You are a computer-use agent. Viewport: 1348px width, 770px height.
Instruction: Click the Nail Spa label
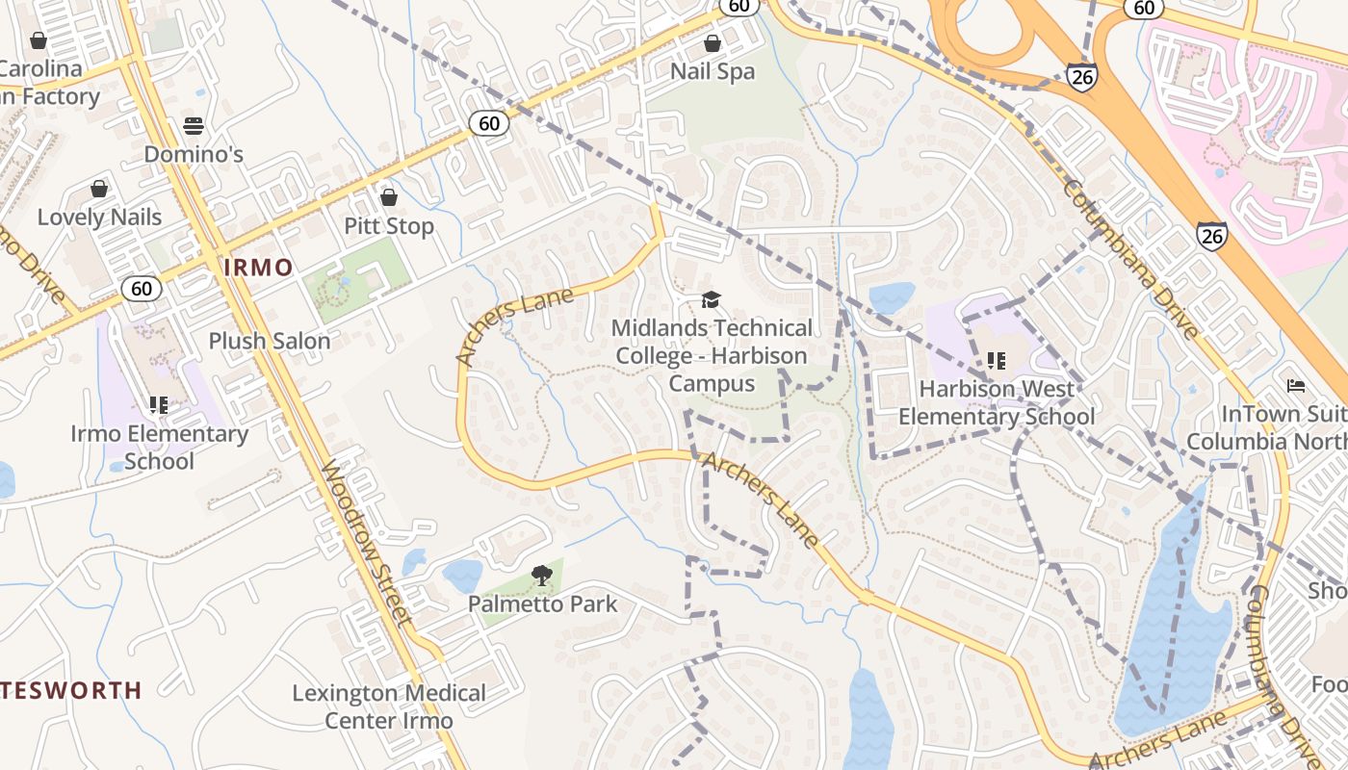click(713, 72)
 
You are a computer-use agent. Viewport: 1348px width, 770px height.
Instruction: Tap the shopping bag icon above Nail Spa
click(712, 43)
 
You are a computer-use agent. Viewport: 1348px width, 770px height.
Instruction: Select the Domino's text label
click(194, 154)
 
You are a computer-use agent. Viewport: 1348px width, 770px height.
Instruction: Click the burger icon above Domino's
click(194, 126)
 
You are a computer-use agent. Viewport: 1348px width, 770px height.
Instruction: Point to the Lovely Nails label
click(99, 217)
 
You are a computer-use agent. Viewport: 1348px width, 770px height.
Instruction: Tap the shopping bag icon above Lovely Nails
click(98, 189)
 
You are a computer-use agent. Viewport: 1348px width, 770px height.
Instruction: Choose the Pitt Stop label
click(389, 226)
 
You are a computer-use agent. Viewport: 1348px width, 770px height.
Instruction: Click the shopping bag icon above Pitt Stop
click(389, 197)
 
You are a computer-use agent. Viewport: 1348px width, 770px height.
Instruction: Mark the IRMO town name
click(258, 268)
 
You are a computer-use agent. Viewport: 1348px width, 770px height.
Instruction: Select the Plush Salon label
click(270, 341)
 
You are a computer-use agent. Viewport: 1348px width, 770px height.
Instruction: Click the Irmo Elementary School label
click(159, 448)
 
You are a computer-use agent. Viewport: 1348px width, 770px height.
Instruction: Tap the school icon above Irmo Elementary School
click(159, 405)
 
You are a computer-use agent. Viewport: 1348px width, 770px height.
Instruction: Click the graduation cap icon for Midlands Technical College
click(711, 299)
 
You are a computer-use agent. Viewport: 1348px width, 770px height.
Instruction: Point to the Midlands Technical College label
click(712, 356)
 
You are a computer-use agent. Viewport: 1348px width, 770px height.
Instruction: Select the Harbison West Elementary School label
click(997, 402)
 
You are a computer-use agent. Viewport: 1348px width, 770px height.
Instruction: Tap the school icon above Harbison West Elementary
click(997, 361)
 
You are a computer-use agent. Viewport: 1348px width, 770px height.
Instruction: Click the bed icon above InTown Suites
click(1296, 386)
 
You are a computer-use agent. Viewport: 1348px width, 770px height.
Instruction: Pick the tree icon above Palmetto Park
click(542, 576)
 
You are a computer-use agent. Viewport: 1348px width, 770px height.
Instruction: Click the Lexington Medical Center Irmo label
click(389, 706)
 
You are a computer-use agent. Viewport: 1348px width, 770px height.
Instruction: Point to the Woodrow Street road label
click(367, 544)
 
